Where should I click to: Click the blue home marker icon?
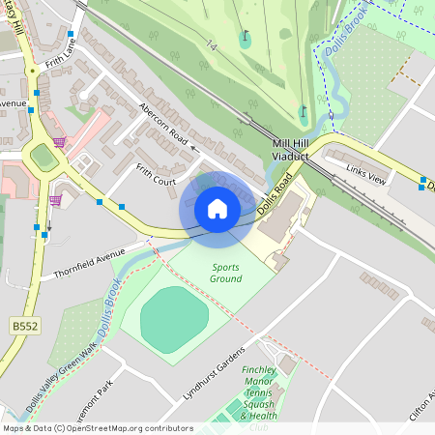pos(217,208)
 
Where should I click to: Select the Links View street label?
pos(365,174)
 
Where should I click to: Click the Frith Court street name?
pos(155,174)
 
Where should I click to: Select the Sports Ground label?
pos(224,273)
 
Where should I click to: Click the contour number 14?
pos(211,43)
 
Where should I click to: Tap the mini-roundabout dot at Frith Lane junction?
pos(32,71)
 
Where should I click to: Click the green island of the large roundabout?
pos(43,156)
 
